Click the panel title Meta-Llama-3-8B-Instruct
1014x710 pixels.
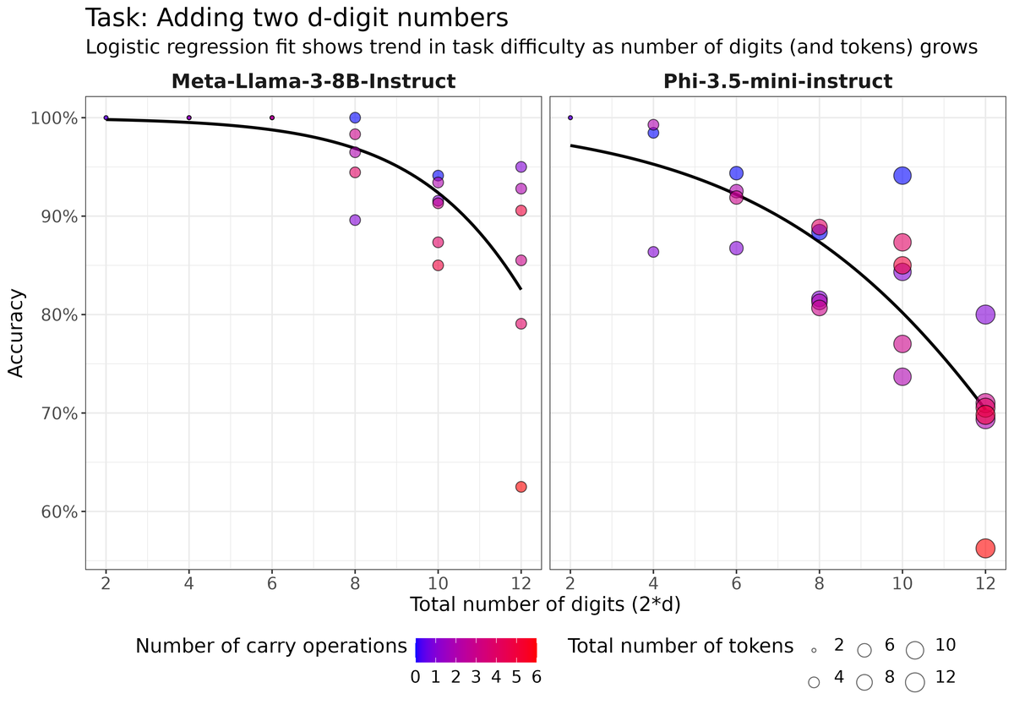coord(313,81)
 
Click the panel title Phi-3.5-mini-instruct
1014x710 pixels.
coord(777,81)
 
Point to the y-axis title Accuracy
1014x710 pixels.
coord(17,334)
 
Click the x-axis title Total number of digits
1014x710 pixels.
coord(545,604)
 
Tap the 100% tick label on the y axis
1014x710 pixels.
coord(56,118)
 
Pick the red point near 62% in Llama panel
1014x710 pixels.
coord(521,487)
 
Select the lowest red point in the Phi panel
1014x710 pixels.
coord(985,549)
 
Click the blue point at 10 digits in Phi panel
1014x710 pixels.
coord(902,176)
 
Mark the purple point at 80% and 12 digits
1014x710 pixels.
coord(985,314)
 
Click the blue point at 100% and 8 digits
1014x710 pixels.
coord(355,117)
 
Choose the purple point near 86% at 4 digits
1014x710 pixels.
coord(653,252)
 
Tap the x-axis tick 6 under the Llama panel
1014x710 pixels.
coord(272,582)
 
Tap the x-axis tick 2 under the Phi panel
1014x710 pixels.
coord(570,582)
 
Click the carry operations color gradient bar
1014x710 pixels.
coord(476,648)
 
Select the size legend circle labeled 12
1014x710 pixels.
coord(914,681)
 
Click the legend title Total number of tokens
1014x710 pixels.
coord(680,647)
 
